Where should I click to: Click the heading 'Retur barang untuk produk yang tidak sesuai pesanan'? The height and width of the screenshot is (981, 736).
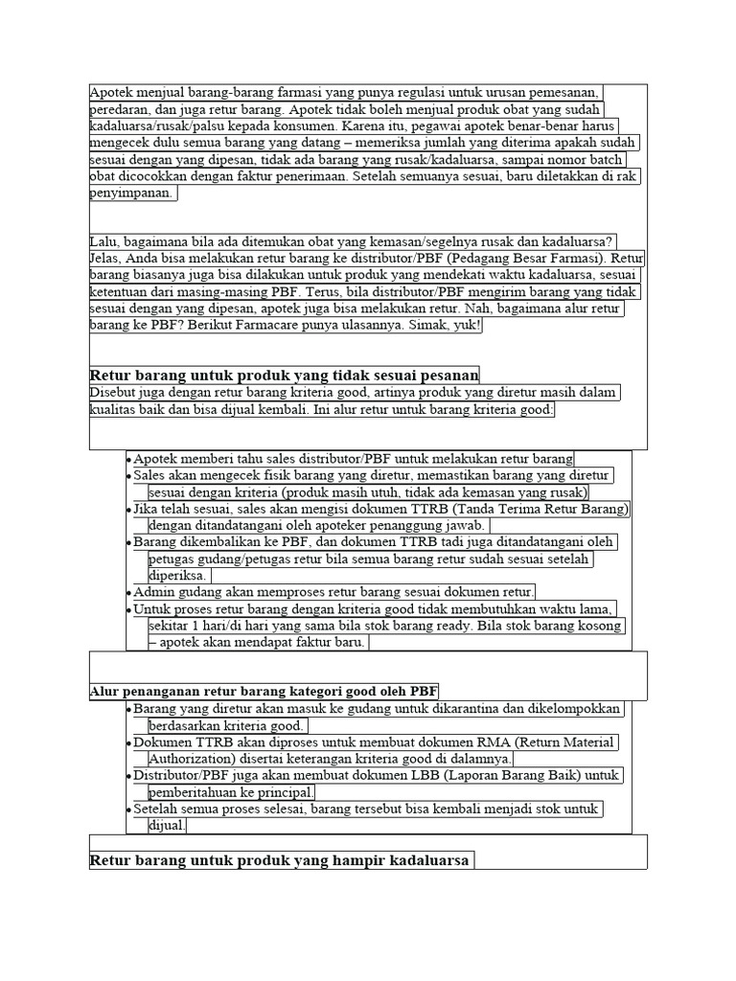click(285, 375)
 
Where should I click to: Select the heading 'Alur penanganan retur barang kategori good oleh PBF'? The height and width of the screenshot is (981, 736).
click(264, 692)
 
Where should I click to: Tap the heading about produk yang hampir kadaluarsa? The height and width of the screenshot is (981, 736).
click(280, 860)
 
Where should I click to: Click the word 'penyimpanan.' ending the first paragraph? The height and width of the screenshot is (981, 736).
click(133, 194)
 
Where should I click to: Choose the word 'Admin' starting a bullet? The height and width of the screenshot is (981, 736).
click(152, 592)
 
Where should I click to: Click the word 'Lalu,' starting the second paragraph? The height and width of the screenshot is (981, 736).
click(105, 241)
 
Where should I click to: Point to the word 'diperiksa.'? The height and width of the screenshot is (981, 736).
click(178, 576)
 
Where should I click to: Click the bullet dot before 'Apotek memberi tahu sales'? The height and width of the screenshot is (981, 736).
click(129, 459)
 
